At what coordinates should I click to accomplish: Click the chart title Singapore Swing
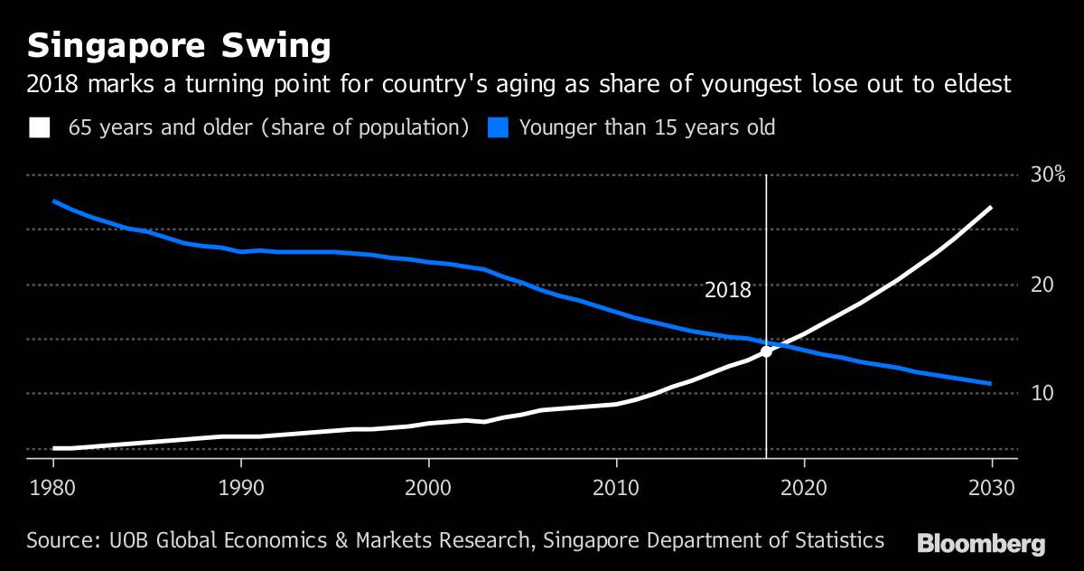click(178, 45)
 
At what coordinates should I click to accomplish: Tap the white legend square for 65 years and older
click(40, 127)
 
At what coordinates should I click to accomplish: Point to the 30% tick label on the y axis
click(1048, 174)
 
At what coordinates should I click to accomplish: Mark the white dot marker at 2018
click(766, 351)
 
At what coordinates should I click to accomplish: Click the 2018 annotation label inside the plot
click(727, 290)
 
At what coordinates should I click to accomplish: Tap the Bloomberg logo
click(981, 544)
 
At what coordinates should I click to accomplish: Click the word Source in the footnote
click(57, 541)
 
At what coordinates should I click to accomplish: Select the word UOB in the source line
click(126, 541)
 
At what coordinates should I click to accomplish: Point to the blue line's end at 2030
click(991, 384)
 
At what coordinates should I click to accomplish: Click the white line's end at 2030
click(991, 208)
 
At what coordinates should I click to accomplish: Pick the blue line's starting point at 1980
click(54, 201)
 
